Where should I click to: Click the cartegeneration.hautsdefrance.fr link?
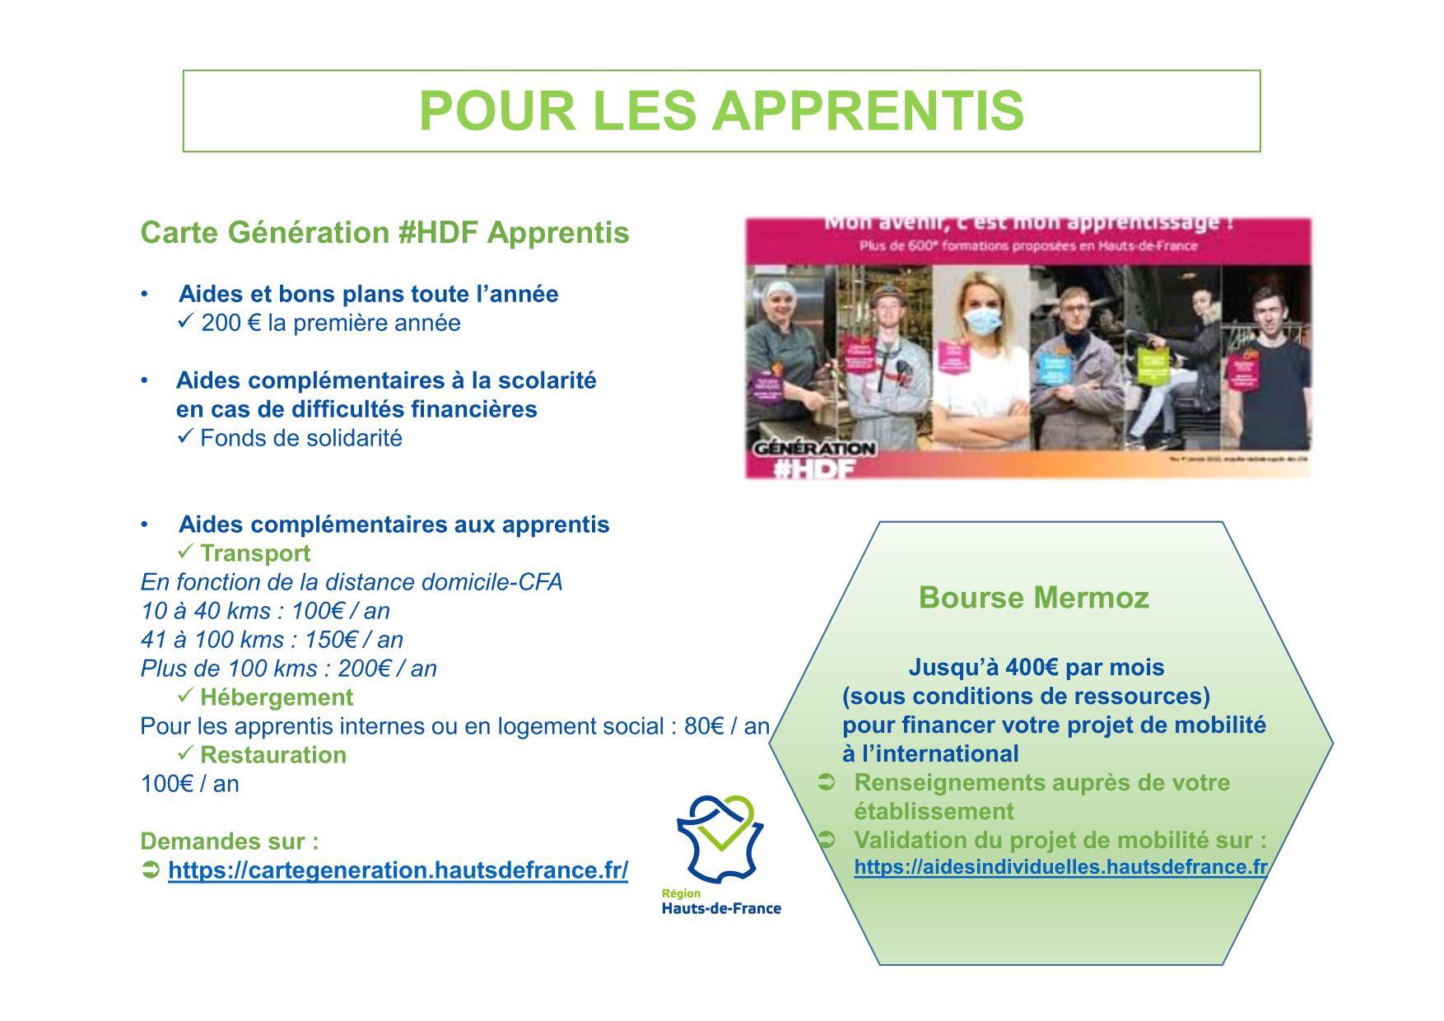click(398, 870)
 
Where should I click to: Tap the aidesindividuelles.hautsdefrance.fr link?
click(1060, 867)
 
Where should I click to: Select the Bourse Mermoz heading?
click(1033, 597)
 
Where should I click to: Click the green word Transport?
click(255, 553)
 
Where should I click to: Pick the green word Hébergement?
click(277, 697)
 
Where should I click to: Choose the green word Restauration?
click(273, 755)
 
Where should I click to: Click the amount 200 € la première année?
click(330, 323)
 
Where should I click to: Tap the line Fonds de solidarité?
click(301, 438)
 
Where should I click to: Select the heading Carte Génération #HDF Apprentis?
click(384, 233)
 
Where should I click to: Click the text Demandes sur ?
click(230, 842)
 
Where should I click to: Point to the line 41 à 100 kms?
click(272, 640)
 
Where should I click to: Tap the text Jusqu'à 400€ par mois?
click(1036, 667)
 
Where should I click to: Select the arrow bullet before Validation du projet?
click(826, 840)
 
